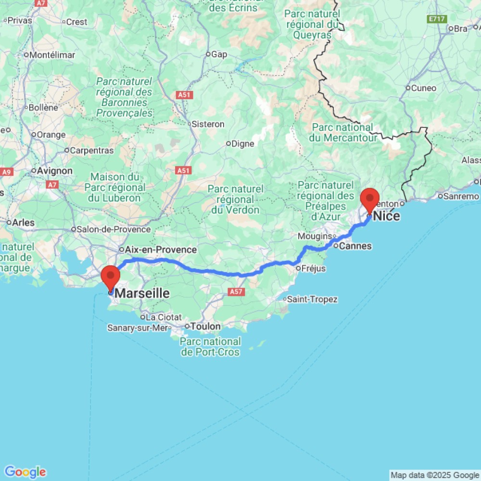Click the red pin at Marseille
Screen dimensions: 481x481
point(111,276)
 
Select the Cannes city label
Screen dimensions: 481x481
point(355,246)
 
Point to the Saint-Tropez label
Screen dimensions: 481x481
point(312,299)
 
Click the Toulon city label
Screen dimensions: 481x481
point(205,327)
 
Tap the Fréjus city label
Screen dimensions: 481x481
point(313,268)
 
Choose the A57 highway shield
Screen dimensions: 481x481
point(236,291)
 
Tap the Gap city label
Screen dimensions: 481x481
point(219,54)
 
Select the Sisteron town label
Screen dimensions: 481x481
point(208,124)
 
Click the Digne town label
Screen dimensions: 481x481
point(243,143)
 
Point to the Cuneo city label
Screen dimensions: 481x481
point(424,88)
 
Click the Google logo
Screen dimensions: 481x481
point(25,472)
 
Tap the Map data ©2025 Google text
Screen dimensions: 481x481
point(435,475)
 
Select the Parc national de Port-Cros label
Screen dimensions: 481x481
point(211,347)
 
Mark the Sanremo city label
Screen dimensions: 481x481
point(461,196)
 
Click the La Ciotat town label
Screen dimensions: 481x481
point(164,317)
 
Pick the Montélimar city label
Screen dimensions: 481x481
point(52,55)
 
